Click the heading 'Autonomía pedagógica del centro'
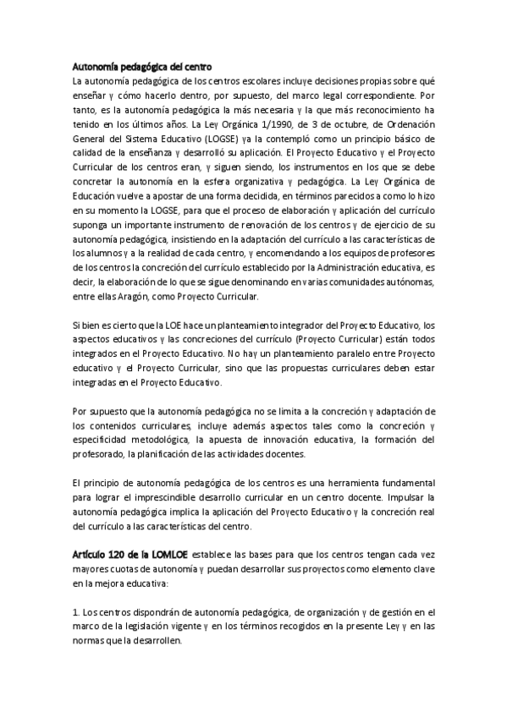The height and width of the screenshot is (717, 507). pyautogui.click(x=140, y=66)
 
